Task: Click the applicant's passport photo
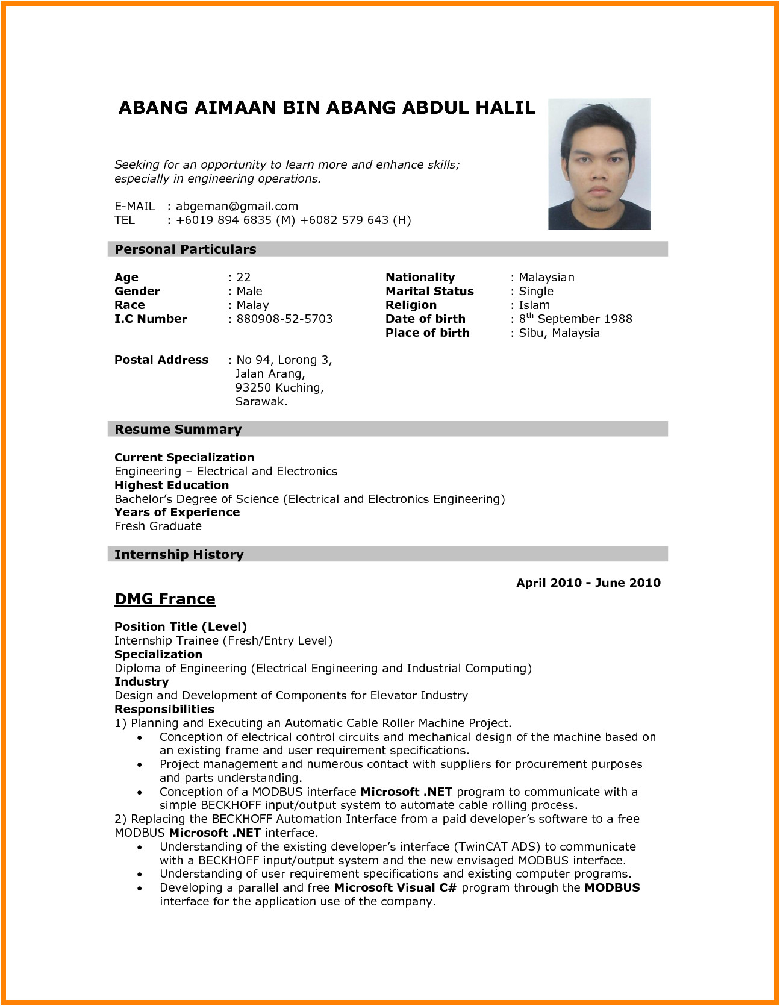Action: click(x=599, y=164)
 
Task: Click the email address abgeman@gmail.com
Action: click(x=237, y=206)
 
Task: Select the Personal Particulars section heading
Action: click(x=186, y=249)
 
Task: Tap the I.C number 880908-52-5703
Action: click(x=284, y=319)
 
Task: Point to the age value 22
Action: click(x=243, y=278)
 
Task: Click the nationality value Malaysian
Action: click(x=546, y=278)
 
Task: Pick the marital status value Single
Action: click(x=536, y=292)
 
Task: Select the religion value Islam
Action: click(x=534, y=305)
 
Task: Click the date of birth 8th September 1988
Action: click(x=575, y=319)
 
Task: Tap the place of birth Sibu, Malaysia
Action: click(x=559, y=333)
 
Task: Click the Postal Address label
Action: click(x=161, y=360)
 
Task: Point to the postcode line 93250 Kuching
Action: click(x=279, y=388)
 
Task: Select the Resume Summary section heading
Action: click(x=178, y=430)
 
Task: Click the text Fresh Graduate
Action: click(x=158, y=526)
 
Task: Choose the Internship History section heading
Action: click(x=179, y=555)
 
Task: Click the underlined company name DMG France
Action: click(x=165, y=599)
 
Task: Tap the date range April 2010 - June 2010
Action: click(x=588, y=583)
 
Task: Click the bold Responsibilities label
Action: click(x=164, y=710)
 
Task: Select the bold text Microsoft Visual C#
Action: click(x=396, y=888)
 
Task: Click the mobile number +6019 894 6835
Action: click(x=223, y=220)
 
